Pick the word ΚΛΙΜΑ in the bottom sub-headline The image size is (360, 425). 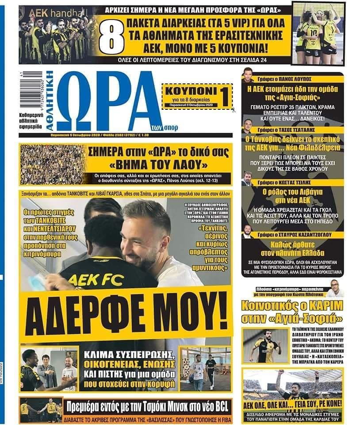[x=103, y=355]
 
